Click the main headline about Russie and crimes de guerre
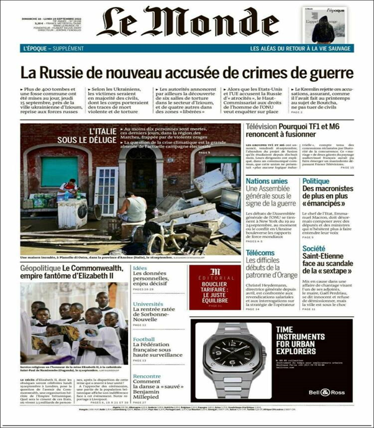[186, 72]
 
